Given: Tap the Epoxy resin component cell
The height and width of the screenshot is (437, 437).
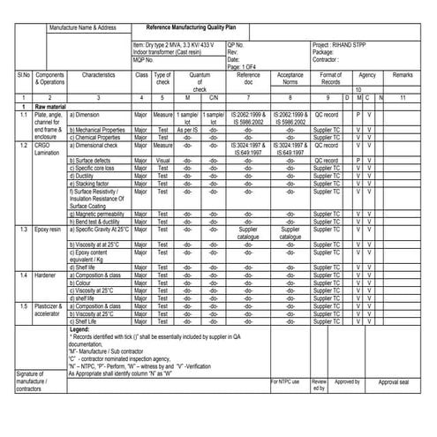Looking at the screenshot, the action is (x=48, y=229).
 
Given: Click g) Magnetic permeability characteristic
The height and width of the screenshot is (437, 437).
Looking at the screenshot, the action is (x=100, y=214).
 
